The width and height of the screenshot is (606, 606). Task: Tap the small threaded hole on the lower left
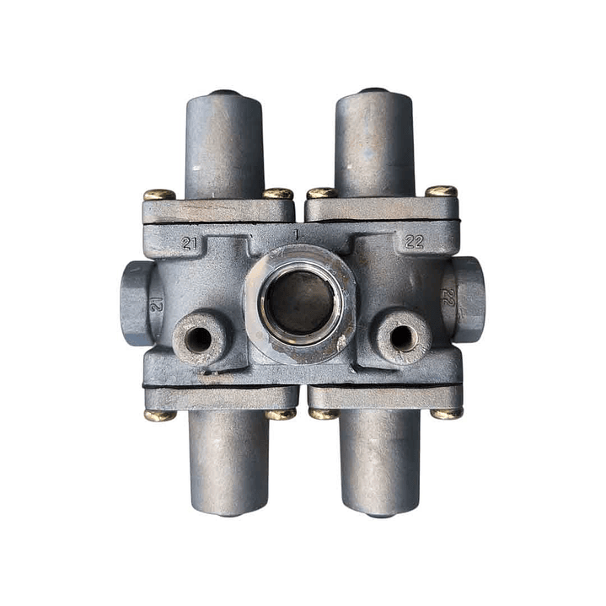click(x=198, y=340)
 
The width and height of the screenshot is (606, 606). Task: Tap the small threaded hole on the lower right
click(x=402, y=338)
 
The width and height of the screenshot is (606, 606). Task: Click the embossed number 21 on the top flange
click(x=189, y=243)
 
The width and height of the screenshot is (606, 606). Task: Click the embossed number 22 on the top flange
click(x=415, y=242)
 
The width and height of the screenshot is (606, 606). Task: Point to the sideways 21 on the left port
click(x=156, y=304)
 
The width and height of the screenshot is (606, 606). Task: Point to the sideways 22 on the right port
click(x=448, y=297)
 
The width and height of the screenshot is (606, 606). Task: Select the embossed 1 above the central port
click(x=297, y=234)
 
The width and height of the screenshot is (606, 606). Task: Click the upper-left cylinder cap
click(x=224, y=144)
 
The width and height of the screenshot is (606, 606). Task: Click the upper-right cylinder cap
click(x=374, y=142)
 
